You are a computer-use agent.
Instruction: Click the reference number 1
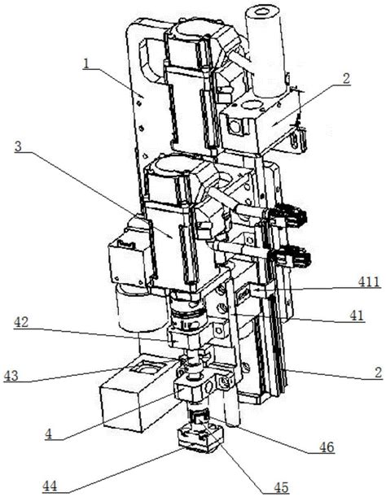point(86,63)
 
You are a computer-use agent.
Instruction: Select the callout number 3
point(19,146)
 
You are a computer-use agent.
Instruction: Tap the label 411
point(369,281)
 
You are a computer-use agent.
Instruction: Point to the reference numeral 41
point(357,316)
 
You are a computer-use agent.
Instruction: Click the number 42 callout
point(21,322)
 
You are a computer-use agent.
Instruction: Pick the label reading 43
point(11,376)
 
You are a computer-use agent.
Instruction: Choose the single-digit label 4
point(48,434)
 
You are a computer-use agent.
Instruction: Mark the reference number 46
point(327,447)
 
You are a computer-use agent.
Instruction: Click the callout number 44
point(50,486)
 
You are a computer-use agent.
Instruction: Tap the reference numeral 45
point(281,487)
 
